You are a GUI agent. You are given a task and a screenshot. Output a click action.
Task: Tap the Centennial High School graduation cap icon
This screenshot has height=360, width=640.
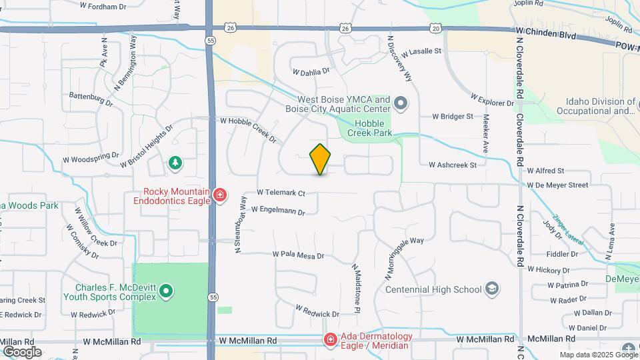pos(492,289)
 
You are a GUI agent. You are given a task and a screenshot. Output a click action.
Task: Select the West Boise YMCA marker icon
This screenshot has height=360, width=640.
pos(400,103)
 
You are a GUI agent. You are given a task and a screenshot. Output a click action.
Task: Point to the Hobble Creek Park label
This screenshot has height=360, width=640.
pos(373,128)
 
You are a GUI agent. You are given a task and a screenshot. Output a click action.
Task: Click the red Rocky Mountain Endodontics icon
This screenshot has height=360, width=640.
pos(219,195)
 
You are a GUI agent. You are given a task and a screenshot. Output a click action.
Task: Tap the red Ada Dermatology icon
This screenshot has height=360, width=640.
pos(329,341)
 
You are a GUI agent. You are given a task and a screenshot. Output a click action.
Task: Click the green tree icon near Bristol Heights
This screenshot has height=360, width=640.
pos(175,162)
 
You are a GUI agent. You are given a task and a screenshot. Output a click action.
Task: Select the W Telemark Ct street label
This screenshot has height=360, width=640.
pos(281,193)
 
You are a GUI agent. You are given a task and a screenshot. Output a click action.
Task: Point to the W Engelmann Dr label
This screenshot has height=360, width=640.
pos(278,211)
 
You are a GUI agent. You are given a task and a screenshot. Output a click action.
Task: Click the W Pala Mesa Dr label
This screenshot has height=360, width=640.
pos(298,255)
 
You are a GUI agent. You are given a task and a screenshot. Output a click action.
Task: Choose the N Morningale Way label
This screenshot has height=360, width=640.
pos(403,258)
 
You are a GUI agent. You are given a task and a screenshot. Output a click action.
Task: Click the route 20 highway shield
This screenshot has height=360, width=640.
pos(435,28)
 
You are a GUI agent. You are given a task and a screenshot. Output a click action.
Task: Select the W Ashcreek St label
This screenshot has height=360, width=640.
pos(453,165)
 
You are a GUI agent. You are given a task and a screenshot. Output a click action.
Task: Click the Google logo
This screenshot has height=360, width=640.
pos(22,351)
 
